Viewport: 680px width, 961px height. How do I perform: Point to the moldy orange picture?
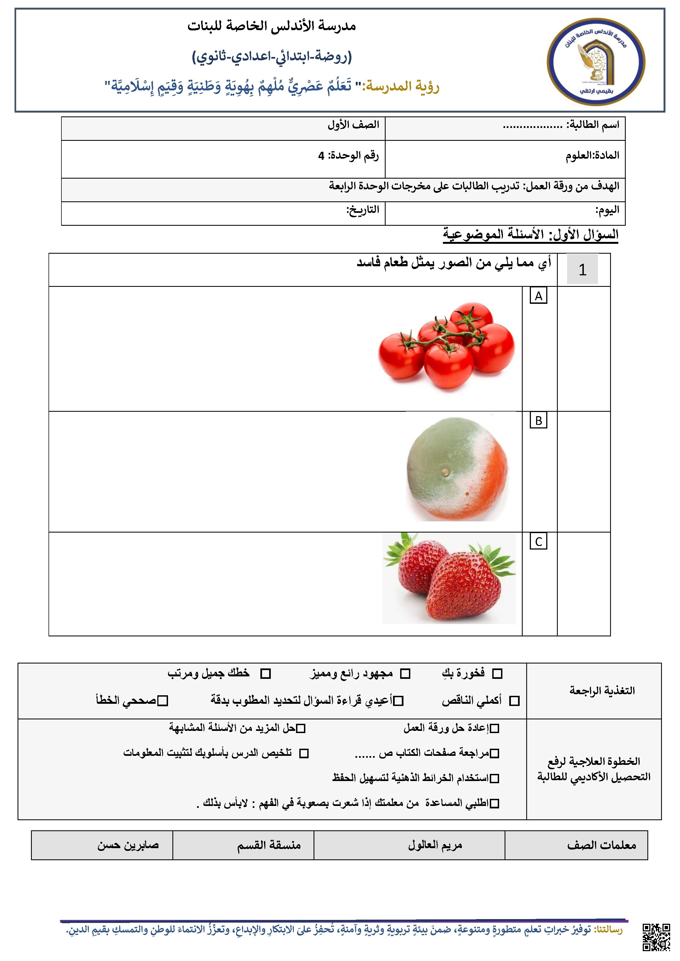click(x=457, y=469)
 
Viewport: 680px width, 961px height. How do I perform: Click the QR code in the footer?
click(x=656, y=937)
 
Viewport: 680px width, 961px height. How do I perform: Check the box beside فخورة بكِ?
click(x=497, y=673)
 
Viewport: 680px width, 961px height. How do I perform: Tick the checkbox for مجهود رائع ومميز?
click(x=405, y=673)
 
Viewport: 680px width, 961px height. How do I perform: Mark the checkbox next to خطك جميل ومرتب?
click(x=266, y=673)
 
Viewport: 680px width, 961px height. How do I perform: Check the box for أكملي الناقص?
click(x=515, y=701)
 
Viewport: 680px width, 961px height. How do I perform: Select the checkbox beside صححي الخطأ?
click(x=163, y=701)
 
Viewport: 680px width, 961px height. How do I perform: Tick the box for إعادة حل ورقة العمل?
click(x=494, y=728)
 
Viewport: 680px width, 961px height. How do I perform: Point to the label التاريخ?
click(x=363, y=210)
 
